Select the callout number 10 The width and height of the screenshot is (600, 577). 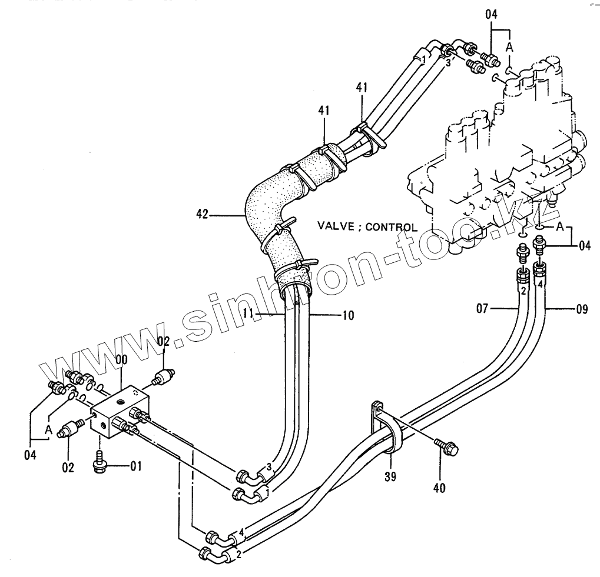tap(347, 316)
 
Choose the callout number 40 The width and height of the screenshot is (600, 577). tap(439, 487)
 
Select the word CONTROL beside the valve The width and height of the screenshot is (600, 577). tap(391, 226)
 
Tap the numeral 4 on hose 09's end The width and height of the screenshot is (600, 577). tap(539, 284)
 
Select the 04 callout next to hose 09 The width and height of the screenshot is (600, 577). tap(584, 245)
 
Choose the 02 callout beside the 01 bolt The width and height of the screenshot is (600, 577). tap(68, 468)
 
